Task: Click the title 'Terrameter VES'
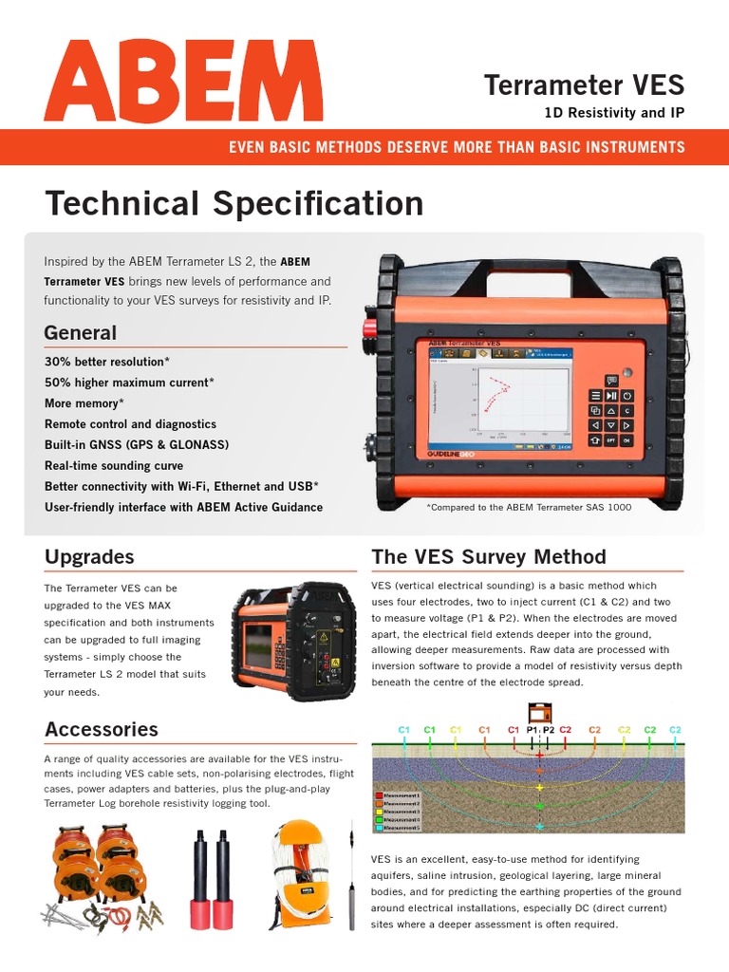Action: pos(584,85)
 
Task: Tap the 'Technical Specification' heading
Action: pos(234,203)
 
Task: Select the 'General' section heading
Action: pos(81,333)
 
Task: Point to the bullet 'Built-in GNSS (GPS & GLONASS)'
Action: pos(137,445)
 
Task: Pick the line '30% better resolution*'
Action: pos(106,362)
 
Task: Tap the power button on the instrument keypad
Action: pos(627,396)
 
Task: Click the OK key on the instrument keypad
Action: pos(627,440)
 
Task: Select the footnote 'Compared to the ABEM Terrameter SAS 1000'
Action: pos(529,507)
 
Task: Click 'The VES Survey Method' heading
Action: pos(488,556)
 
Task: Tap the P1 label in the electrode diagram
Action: pos(533,729)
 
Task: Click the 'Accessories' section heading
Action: pos(102,729)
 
